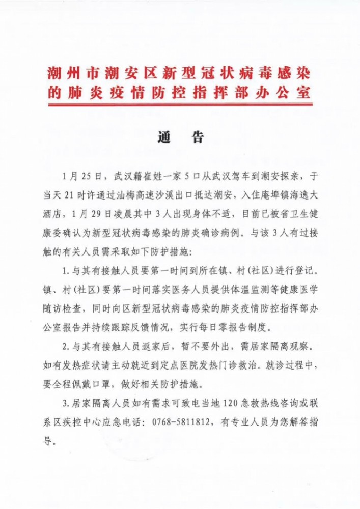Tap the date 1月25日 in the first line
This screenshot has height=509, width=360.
click(x=77, y=177)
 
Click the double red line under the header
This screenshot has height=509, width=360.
click(x=180, y=105)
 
